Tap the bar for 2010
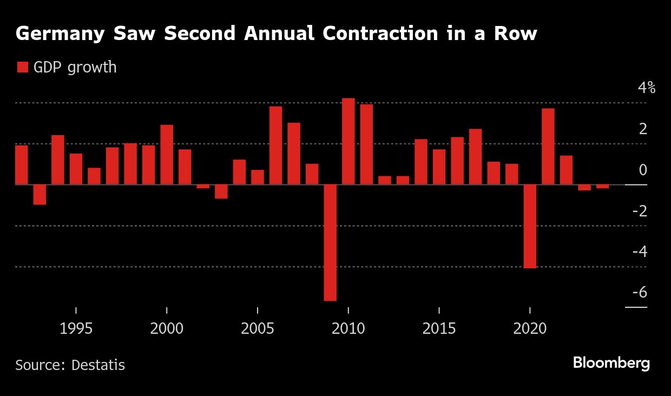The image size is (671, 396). (x=348, y=141)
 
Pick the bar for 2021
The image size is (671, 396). (x=548, y=147)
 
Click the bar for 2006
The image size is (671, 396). (x=275, y=146)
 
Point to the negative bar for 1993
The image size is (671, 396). (x=40, y=195)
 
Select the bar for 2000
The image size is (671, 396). (x=167, y=155)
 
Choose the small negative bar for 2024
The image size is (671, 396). (x=603, y=187)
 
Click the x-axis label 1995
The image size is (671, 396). (x=76, y=329)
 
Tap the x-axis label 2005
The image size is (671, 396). (x=258, y=329)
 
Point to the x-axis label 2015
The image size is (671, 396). (x=439, y=329)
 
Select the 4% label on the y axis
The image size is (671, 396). (x=646, y=88)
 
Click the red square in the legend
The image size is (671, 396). (x=23, y=68)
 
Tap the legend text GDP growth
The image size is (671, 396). (x=75, y=68)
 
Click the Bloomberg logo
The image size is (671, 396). (x=611, y=363)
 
